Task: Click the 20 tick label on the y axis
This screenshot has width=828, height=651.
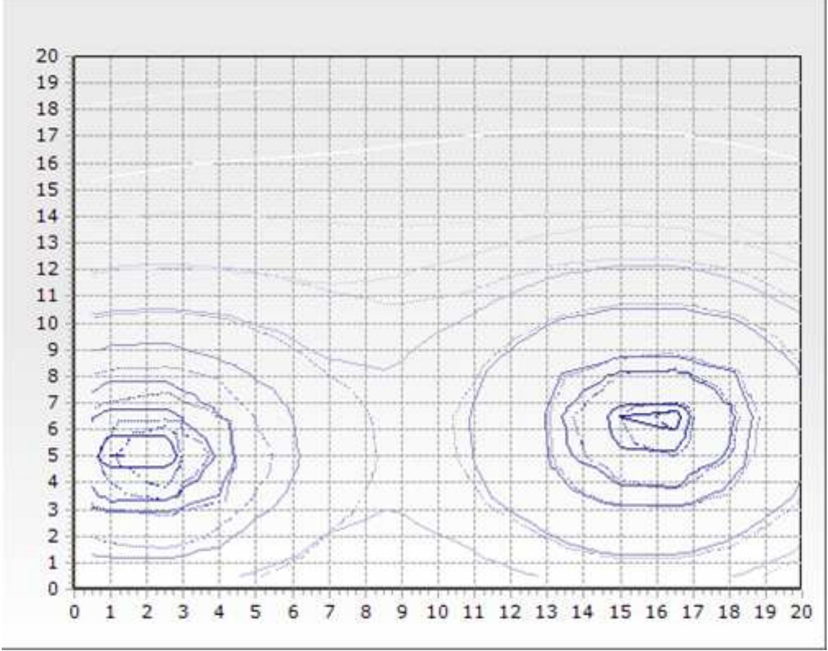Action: coord(47,56)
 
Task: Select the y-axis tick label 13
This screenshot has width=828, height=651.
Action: coord(47,243)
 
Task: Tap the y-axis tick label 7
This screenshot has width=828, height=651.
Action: coord(52,403)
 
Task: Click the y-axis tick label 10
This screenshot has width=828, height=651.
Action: coord(47,323)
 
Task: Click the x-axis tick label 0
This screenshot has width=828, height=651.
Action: coord(74,612)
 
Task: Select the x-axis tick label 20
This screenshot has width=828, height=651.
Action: coord(801,612)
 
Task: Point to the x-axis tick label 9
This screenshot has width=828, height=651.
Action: coord(402,612)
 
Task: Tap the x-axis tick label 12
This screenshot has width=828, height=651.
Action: coord(510,612)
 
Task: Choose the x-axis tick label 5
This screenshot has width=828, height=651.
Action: coord(256,612)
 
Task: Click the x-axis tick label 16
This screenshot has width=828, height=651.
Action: coord(656,612)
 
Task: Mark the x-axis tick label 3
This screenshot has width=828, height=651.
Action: coord(183,612)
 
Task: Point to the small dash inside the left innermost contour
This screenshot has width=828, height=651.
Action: coord(116,455)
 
